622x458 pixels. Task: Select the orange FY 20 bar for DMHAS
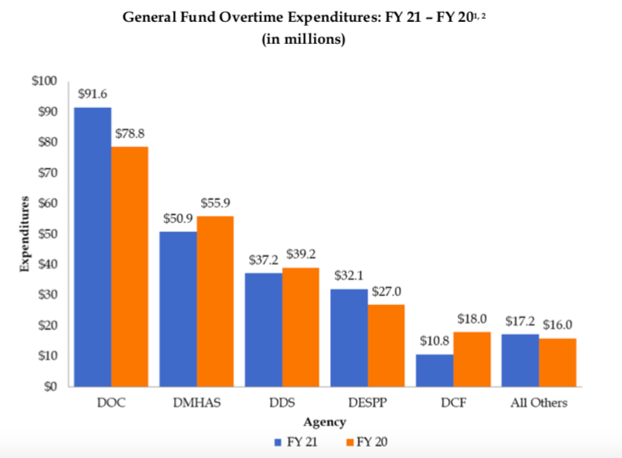215,301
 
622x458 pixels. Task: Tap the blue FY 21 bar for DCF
434,370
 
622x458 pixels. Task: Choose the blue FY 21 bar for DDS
263,329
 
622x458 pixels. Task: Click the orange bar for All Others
557,362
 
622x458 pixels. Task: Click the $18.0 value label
472,318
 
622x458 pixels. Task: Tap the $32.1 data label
349,275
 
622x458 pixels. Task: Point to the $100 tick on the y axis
44,81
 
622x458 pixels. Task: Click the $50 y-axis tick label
46,234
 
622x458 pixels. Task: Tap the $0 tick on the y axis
50,386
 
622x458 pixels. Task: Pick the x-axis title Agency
324,422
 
